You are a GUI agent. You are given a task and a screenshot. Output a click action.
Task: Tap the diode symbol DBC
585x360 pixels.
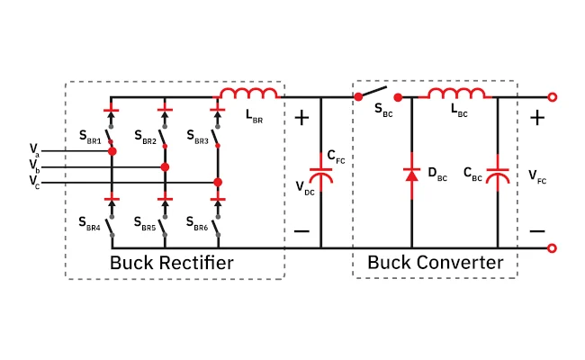click(x=411, y=175)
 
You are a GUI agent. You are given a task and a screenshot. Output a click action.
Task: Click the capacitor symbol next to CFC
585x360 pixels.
click(x=321, y=175)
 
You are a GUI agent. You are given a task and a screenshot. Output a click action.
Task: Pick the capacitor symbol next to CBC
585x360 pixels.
click(x=498, y=175)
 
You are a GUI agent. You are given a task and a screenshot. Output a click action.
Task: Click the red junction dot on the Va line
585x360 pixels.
click(x=112, y=151)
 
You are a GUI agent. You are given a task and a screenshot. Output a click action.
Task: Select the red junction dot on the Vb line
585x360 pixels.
click(x=165, y=167)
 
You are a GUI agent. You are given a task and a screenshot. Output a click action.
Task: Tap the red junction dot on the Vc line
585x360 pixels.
click(x=218, y=183)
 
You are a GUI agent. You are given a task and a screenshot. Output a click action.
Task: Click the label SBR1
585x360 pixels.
click(x=90, y=137)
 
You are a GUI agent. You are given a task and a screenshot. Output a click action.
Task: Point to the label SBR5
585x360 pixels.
click(x=145, y=224)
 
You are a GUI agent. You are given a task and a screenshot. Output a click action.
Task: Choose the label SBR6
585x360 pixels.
click(x=197, y=224)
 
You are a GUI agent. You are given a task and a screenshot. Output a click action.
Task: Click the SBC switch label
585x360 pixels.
click(x=383, y=110)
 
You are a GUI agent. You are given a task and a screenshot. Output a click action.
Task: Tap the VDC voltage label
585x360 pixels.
click(x=305, y=188)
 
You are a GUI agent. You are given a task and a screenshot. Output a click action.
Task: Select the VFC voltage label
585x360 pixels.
click(x=537, y=176)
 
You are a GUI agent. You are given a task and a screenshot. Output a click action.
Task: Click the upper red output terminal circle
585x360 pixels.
click(x=553, y=97)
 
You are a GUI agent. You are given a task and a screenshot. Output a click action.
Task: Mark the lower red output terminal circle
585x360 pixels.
click(x=553, y=248)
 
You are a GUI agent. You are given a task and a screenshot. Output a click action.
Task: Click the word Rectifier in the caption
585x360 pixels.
click(x=196, y=263)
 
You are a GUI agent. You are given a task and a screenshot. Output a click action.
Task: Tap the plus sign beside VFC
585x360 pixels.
click(x=537, y=118)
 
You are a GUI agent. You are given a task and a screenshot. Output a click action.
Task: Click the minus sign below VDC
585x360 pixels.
click(x=301, y=231)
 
